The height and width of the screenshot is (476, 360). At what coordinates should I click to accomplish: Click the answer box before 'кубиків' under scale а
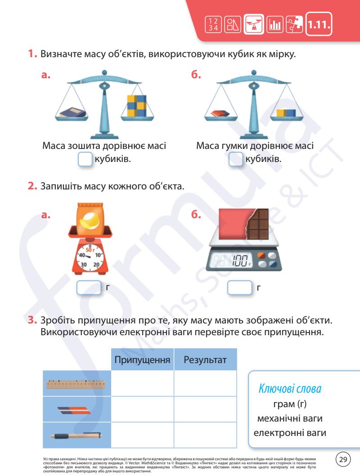click(85, 160)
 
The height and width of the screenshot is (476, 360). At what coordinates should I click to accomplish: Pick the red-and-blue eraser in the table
click(74, 409)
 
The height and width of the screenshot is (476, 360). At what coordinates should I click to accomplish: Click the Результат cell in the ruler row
click(205, 383)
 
